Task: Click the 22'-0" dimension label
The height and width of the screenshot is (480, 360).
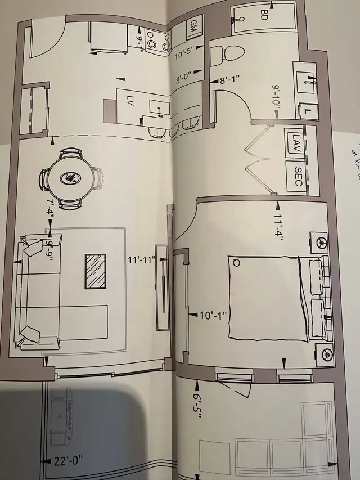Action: (67, 459)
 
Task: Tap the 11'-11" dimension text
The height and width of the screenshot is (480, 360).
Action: (142, 260)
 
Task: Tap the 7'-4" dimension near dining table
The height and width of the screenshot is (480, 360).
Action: (50, 208)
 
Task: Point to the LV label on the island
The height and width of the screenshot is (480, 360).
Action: (130, 103)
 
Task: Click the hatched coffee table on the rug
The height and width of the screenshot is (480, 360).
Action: (96, 271)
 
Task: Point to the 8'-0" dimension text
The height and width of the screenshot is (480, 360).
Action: (184, 78)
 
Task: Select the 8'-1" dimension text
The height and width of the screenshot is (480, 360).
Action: (230, 80)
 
